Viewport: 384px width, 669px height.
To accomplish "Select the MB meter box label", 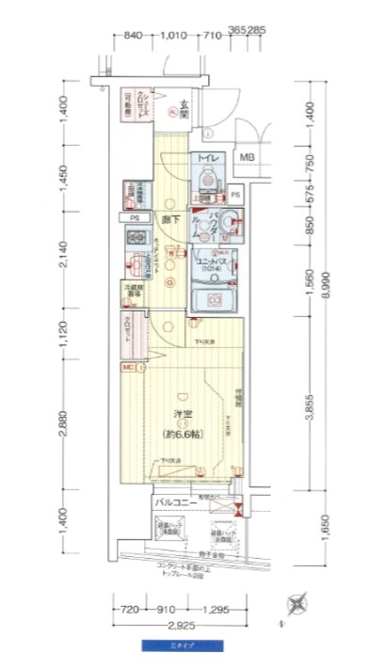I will click(x=247, y=157).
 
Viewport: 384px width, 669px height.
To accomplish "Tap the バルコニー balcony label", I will click(x=176, y=503).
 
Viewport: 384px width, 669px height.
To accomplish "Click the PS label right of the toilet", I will click(x=236, y=196).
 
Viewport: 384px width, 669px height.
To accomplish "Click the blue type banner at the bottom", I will click(x=183, y=645).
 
